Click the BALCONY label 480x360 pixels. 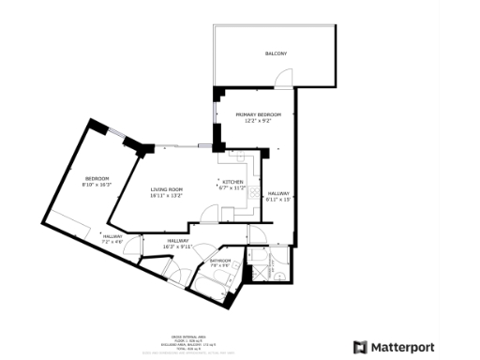[x=275, y=53]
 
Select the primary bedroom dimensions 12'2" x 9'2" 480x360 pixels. [x=258, y=120]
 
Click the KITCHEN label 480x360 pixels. [x=232, y=182]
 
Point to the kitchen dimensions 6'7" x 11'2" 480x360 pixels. [x=232, y=187]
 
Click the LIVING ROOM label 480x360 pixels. [x=166, y=189]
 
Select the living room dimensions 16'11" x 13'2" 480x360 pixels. [x=166, y=196]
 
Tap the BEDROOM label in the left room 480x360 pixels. [x=97, y=178]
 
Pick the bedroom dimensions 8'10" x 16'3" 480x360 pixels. [x=97, y=185]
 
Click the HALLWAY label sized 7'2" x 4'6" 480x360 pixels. [x=112, y=236]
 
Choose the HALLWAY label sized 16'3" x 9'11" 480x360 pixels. [x=178, y=241]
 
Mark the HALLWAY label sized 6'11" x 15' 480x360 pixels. [x=279, y=193]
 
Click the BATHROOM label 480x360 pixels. [x=220, y=260]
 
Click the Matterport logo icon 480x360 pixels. [x=359, y=347]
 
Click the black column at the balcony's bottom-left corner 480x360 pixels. [x=217, y=91]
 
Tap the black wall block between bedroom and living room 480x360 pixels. [x=143, y=146]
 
